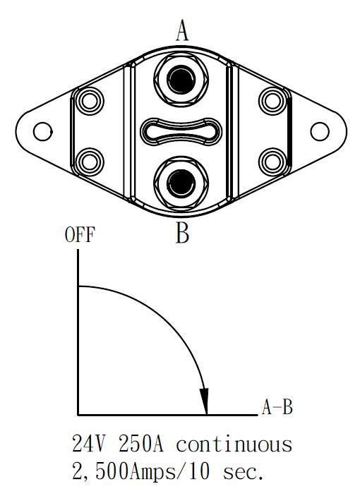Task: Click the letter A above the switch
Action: coord(182,30)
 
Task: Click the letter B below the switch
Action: coord(182,232)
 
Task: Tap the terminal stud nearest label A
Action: coord(181,79)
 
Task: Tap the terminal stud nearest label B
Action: coord(181,183)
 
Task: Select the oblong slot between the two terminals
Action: coord(181,131)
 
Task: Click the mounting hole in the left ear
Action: coord(42,131)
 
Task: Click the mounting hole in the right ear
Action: coord(320,131)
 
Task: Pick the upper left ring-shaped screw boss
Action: coord(90,101)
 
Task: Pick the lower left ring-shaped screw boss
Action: coord(90,162)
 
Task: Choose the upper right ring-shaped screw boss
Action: coord(272,101)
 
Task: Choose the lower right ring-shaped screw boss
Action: coord(272,162)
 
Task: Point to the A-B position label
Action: coord(277,407)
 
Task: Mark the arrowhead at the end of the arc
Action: coord(205,401)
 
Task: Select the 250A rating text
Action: coord(141,444)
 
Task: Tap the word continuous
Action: coord(234,444)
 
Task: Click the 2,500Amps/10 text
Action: coord(141,472)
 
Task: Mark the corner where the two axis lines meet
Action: coord(78,415)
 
